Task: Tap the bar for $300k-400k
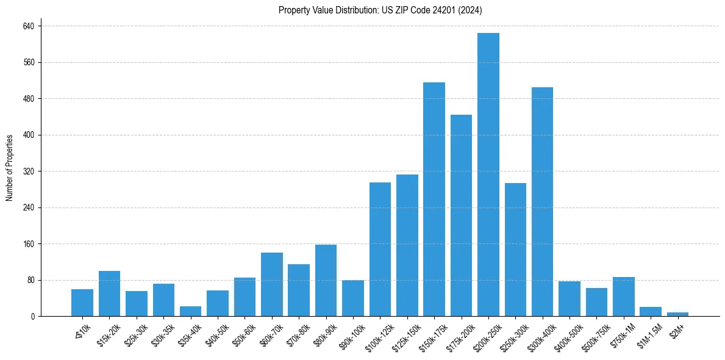(542, 201)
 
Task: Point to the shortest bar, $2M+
(677, 314)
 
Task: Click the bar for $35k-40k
(190, 311)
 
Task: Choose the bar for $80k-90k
(326, 280)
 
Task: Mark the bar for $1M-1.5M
(651, 311)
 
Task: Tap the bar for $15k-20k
(109, 293)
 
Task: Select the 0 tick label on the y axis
(33, 317)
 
